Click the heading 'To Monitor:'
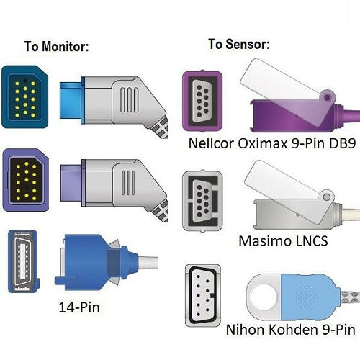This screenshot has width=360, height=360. tap(56, 47)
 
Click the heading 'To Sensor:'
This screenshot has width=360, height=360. tap(239, 44)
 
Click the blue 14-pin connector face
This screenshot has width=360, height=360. tap(21, 261)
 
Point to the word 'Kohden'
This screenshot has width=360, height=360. tap(292, 330)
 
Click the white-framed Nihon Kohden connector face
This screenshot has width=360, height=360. tap(207, 293)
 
